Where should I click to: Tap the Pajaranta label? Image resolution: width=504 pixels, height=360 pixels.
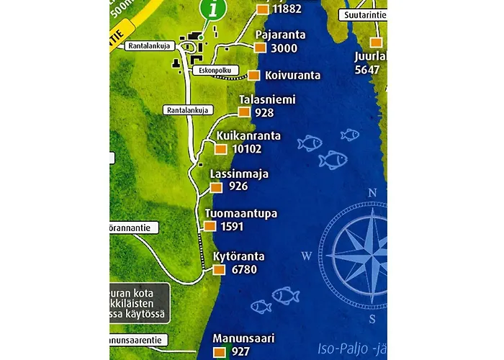[281, 35]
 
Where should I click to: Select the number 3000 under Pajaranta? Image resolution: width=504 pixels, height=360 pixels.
[284, 48]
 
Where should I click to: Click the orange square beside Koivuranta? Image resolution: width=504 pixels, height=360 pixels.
[253, 75]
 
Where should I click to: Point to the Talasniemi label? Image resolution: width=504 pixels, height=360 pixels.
[267, 100]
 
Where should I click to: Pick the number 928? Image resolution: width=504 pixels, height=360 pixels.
[264, 113]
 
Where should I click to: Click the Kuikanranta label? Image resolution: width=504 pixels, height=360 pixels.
[249, 136]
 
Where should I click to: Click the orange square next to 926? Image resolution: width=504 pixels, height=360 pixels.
[216, 187]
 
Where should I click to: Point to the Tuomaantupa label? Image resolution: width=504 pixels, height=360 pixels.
[241, 214]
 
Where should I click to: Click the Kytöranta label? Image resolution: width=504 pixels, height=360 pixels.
[239, 256]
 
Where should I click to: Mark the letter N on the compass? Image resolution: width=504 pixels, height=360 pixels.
[372, 192]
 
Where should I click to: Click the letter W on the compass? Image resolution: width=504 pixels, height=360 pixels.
[306, 256]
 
